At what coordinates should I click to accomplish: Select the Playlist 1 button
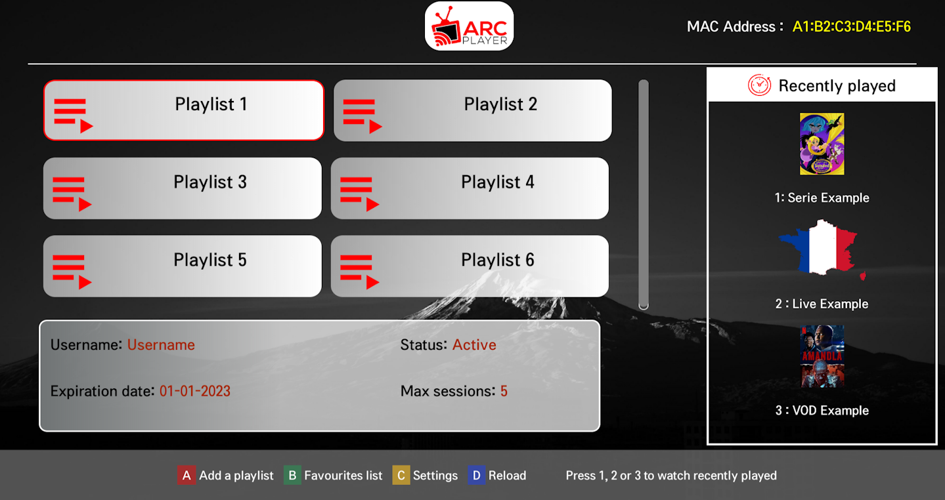click(x=184, y=110)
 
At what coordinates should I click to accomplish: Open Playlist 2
click(x=472, y=110)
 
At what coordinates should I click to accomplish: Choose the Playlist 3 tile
click(x=183, y=188)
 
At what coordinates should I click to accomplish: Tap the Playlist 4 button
click(x=470, y=188)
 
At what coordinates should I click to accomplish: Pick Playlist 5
click(x=183, y=266)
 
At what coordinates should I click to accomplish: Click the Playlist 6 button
click(x=470, y=266)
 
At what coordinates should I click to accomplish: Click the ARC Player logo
click(x=469, y=26)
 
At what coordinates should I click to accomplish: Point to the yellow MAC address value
click(x=851, y=27)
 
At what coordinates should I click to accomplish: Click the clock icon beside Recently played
click(x=759, y=85)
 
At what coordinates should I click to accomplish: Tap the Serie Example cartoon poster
click(x=822, y=144)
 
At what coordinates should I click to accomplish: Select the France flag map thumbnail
click(x=822, y=250)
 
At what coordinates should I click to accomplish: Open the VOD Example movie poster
click(x=822, y=356)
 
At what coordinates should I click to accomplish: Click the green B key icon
click(x=292, y=475)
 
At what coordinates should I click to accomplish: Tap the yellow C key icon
click(x=401, y=475)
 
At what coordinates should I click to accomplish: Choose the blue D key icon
click(x=476, y=475)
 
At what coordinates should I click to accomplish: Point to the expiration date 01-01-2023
click(x=195, y=392)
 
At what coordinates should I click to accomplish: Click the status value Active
click(x=474, y=345)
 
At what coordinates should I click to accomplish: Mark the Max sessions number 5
click(x=504, y=392)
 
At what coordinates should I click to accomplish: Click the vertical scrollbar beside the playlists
click(x=644, y=194)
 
